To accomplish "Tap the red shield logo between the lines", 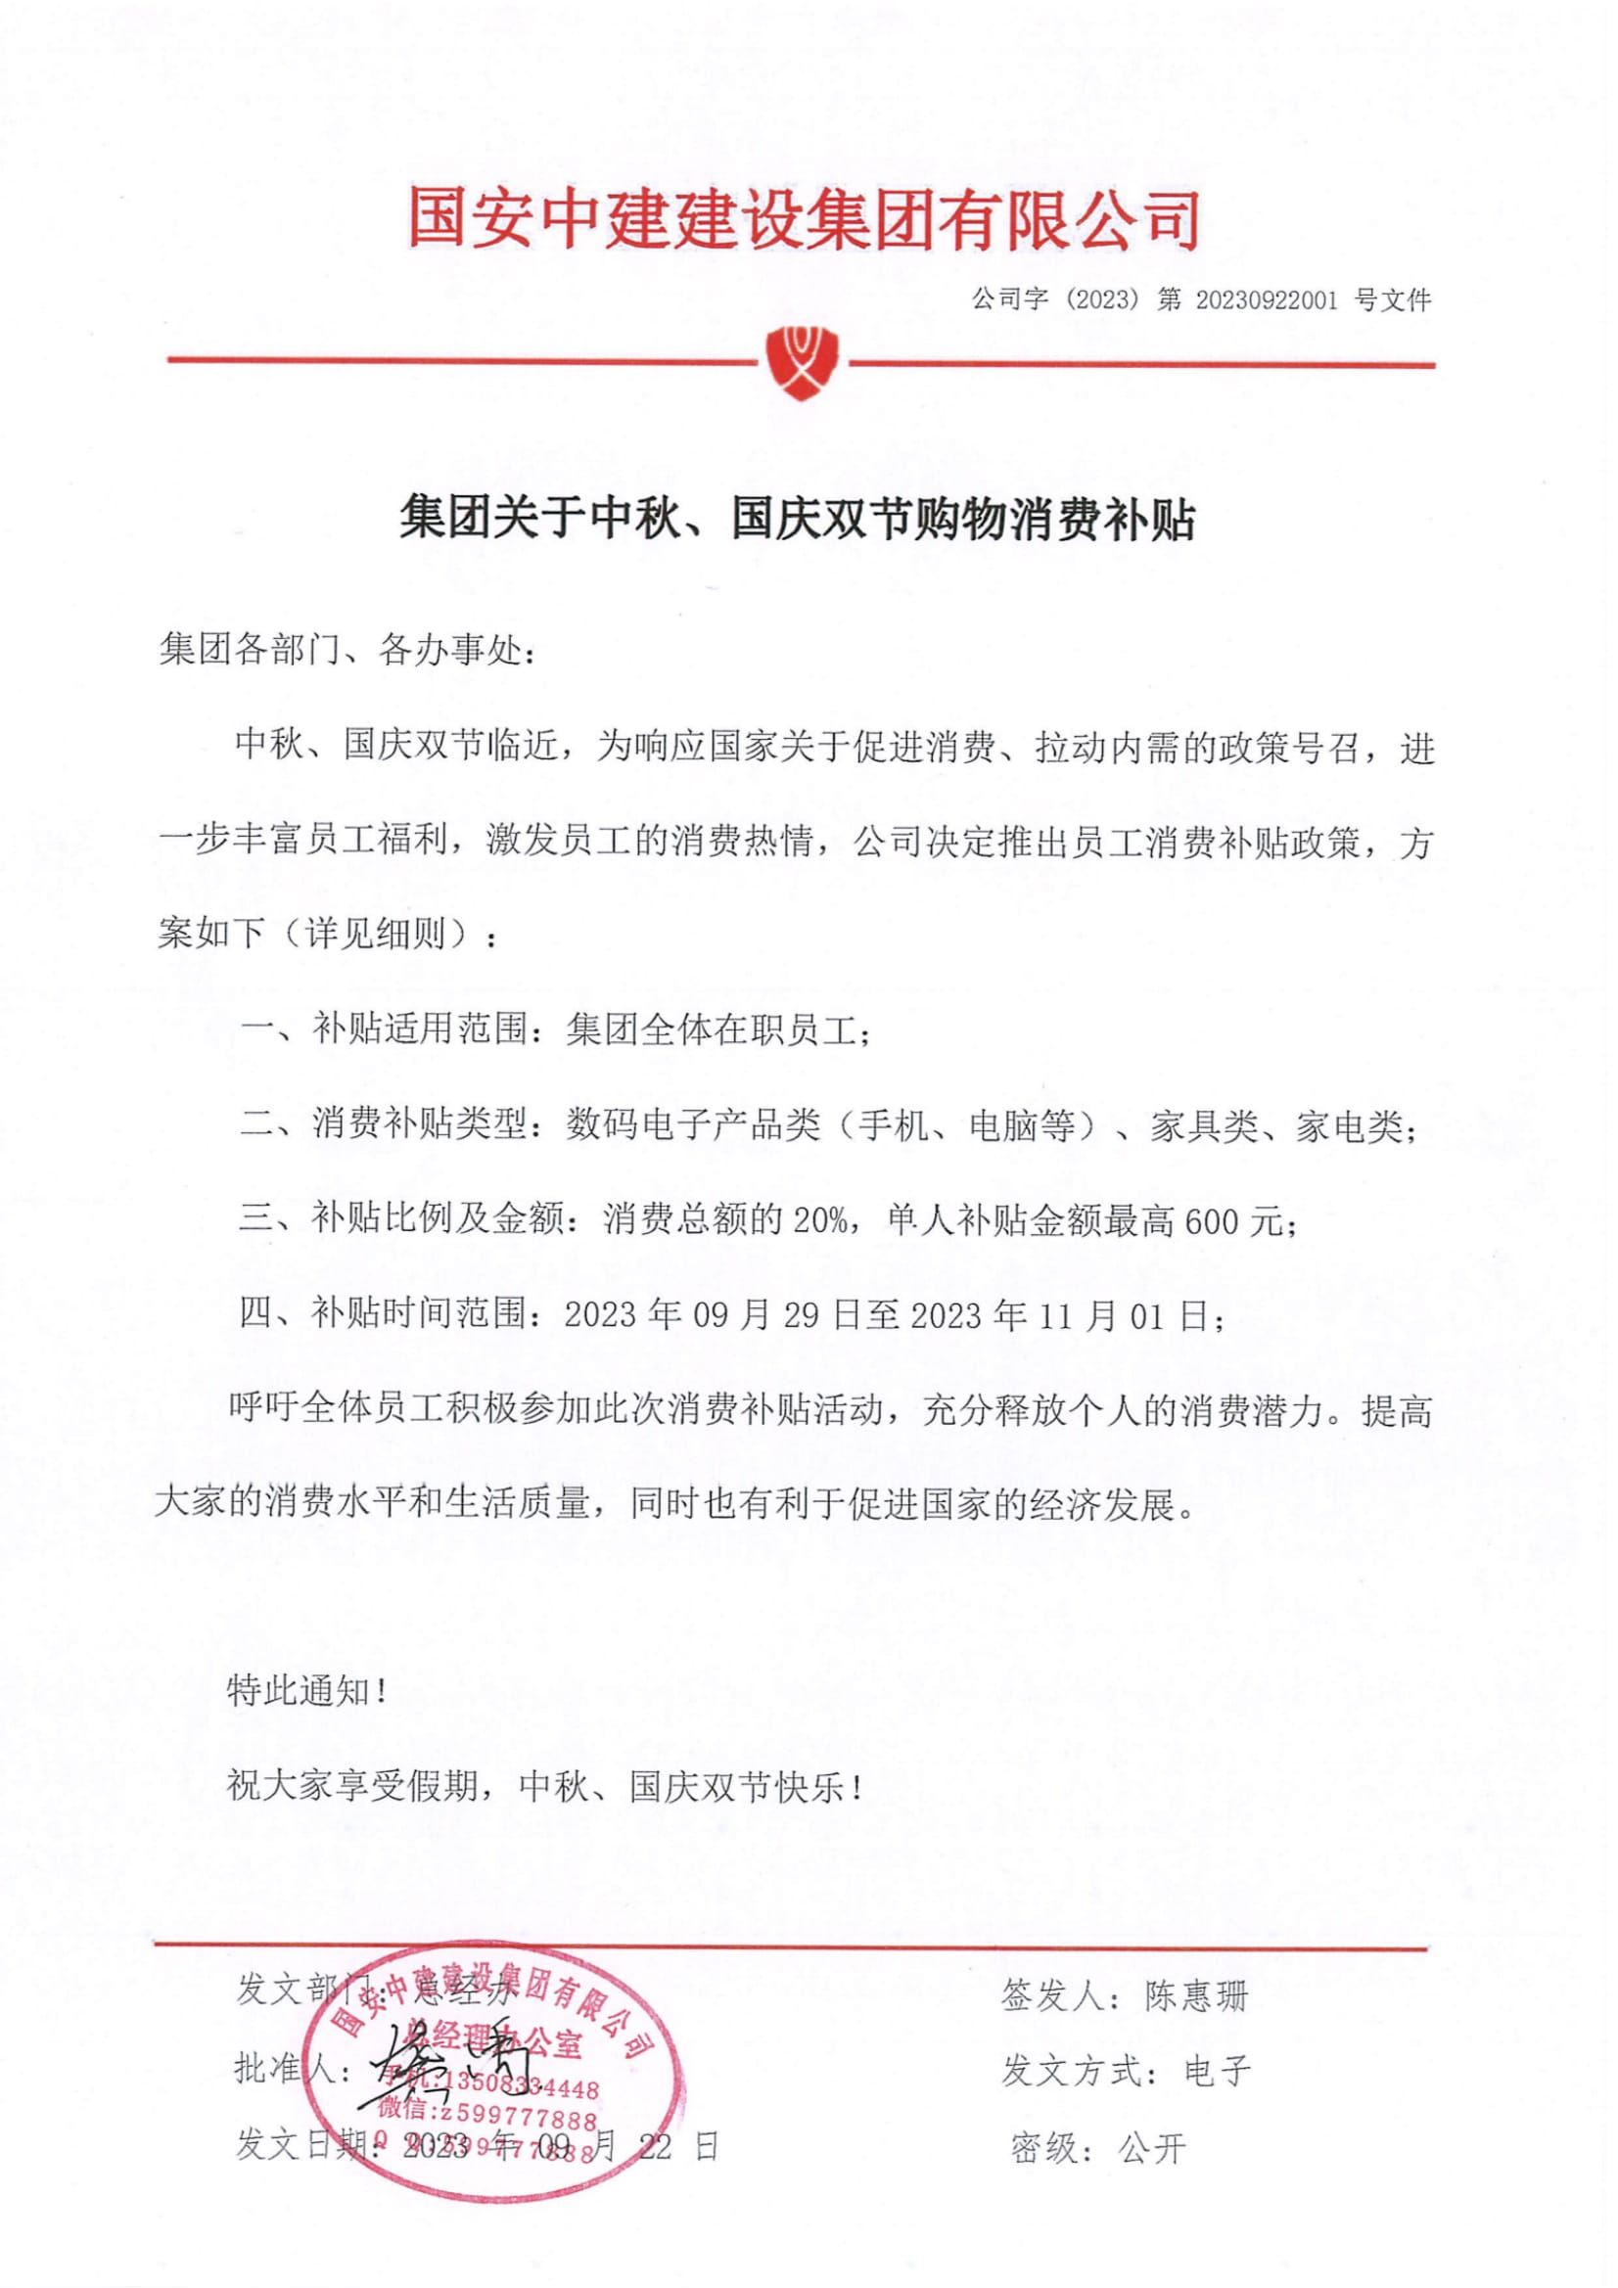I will coord(802,362).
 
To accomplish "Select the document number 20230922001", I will coord(1266,300).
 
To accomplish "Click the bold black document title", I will coord(798,520).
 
